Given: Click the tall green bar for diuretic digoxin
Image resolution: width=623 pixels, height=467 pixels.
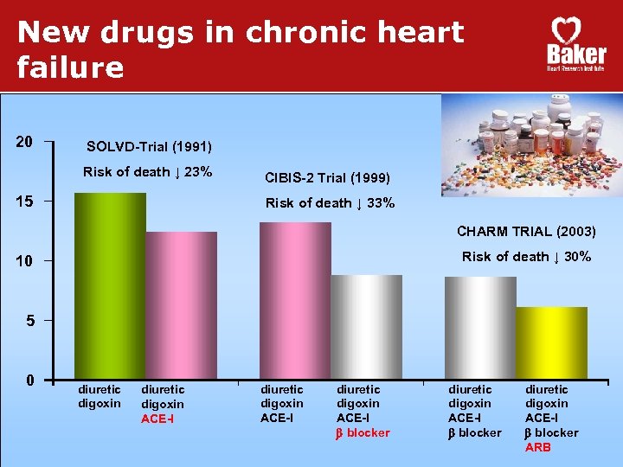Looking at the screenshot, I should (x=110, y=285).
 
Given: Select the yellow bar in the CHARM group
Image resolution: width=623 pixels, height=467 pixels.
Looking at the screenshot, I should (x=551, y=342).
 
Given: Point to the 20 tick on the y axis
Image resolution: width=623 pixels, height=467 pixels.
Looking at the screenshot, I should (x=25, y=142).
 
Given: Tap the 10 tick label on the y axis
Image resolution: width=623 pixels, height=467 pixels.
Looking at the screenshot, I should (x=25, y=261).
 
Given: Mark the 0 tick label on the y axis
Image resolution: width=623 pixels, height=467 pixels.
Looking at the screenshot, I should (x=29, y=381).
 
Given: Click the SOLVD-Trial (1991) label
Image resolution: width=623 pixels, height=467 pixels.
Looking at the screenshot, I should (x=149, y=146).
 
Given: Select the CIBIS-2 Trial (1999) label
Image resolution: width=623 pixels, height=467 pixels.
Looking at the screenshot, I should (x=327, y=178).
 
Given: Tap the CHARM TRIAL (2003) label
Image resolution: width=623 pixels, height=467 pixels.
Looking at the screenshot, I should (x=526, y=231).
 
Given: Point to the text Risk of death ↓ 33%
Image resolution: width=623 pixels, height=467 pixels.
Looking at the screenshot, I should (x=330, y=203).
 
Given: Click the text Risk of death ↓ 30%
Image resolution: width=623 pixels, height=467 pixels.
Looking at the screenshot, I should (x=526, y=256).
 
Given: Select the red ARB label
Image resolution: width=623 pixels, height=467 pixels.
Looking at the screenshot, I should (x=537, y=447).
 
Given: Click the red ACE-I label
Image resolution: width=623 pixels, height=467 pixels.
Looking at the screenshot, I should (x=157, y=419).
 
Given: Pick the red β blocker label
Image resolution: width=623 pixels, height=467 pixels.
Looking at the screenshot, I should (x=363, y=432).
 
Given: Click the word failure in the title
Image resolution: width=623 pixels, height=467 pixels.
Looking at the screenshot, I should (x=71, y=67).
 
